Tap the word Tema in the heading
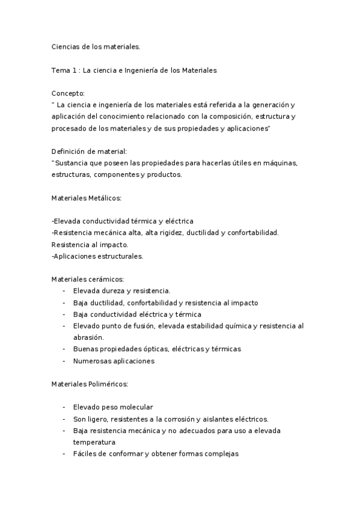click(61, 70)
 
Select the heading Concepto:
click(69, 93)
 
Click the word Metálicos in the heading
click(106, 198)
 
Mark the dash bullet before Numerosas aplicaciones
click(64, 361)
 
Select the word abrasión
click(88, 337)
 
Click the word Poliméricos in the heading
click(107, 384)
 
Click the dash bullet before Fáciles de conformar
click(64, 454)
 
